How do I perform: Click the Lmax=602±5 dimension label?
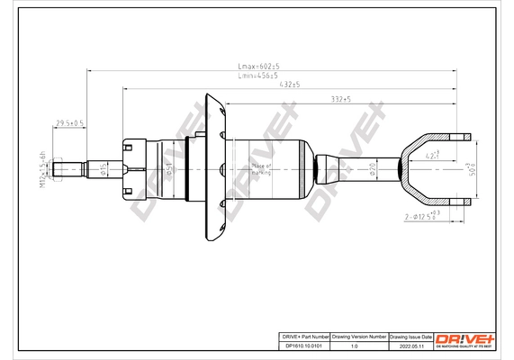click(x=259, y=67)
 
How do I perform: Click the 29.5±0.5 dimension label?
click(x=70, y=122)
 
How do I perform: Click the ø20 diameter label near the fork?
click(x=372, y=168)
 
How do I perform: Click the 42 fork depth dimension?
click(x=433, y=155)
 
